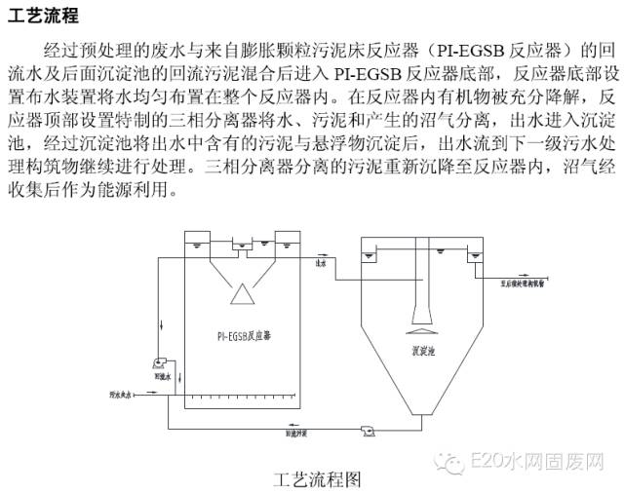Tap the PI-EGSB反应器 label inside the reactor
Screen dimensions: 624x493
point(245,335)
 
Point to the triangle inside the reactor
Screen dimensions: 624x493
point(244,292)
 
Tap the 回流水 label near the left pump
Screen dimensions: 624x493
point(161,374)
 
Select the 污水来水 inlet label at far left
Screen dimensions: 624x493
point(121,395)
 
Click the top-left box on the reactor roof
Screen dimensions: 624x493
point(199,241)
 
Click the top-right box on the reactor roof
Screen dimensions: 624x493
point(290,241)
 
